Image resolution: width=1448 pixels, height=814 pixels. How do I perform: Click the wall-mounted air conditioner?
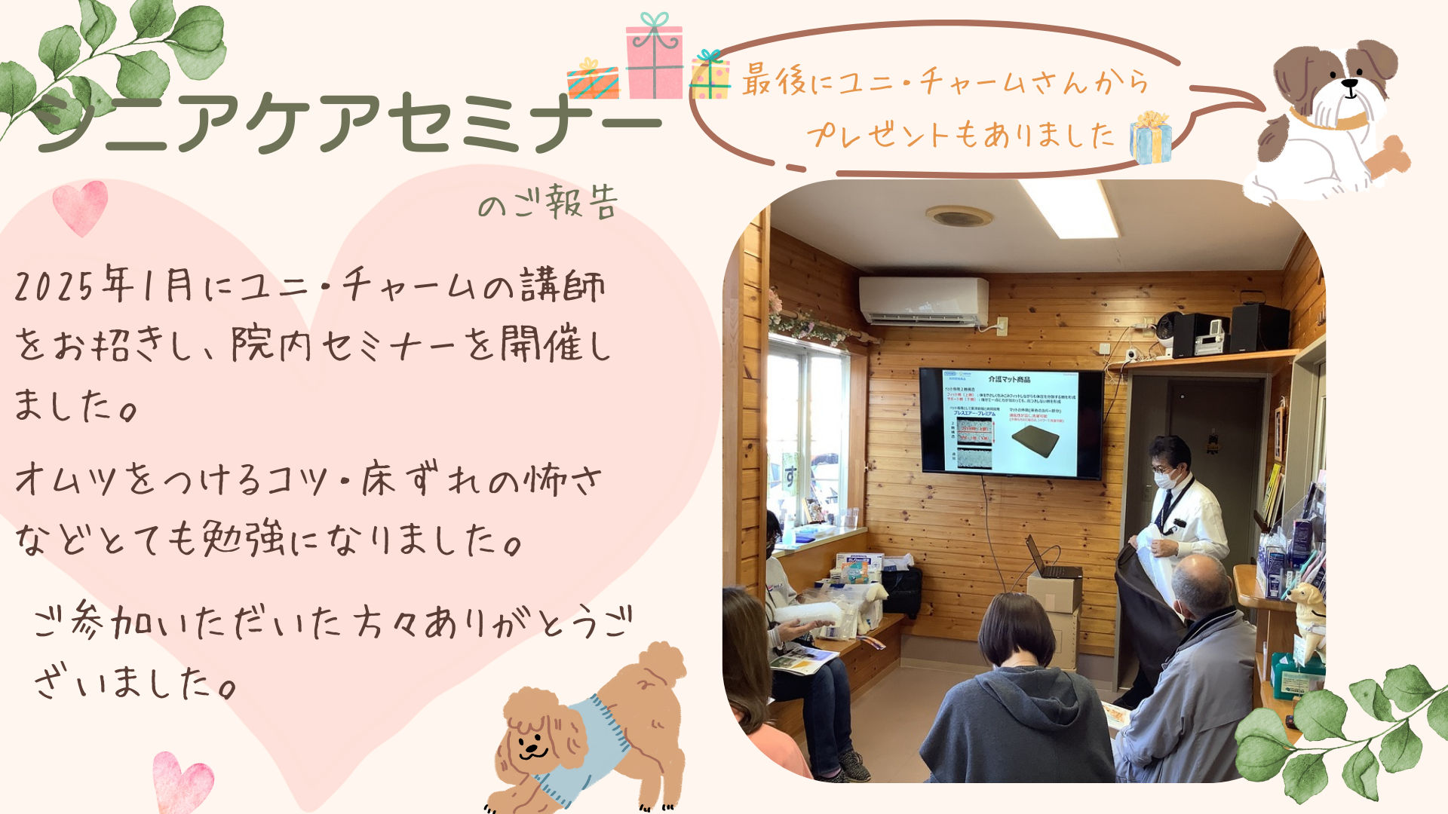click(x=923, y=301)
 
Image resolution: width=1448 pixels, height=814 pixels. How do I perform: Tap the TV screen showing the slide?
click(x=1011, y=421)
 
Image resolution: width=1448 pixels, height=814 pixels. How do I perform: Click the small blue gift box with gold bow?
click(x=1150, y=139)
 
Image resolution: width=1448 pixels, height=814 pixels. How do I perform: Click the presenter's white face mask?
click(x=1166, y=478)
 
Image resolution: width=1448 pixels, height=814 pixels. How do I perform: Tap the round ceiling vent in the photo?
click(x=959, y=217)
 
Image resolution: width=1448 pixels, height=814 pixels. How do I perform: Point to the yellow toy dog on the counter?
click(x=1309, y=610)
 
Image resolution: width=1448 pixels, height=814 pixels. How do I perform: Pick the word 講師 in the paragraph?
click(x=573, y=286)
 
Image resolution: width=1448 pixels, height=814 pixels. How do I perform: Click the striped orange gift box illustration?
click(x=593, y=81)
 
